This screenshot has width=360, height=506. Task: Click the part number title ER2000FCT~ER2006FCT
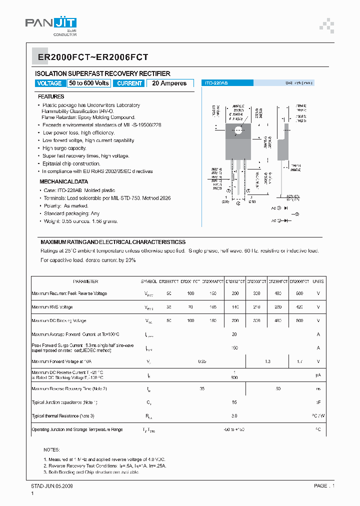click(x=92, y=57)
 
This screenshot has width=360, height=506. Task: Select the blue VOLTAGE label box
click(x=49, y=83)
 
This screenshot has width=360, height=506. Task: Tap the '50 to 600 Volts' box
click(x=89, y=83)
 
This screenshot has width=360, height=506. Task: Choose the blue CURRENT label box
click(x=129, y=83)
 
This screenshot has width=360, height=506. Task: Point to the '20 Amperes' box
click(x=169, y=83)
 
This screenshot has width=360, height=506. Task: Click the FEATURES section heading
click(x=51, y=96)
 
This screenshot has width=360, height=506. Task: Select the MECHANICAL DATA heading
click(x=64, y=182)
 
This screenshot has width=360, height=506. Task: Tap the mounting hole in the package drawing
click(x=238, y=130)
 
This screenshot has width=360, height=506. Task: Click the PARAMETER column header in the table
click(x=85, y=281)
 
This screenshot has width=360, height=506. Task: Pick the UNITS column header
click(x=318, y=281)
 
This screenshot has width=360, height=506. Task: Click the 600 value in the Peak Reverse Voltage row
click(x=299, y=293)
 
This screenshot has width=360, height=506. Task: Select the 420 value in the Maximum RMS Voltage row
click(x=299, y=307)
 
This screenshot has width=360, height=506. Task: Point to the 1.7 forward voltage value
click(x=299, y=361)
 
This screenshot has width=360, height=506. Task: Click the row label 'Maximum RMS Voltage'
click(x=52, y=307)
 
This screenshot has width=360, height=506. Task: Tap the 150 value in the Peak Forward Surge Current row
click(x=234, y=347)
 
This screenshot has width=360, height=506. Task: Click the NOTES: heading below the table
click(x=51, y=450)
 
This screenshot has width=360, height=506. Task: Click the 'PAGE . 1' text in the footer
click(x=324, y=485)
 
